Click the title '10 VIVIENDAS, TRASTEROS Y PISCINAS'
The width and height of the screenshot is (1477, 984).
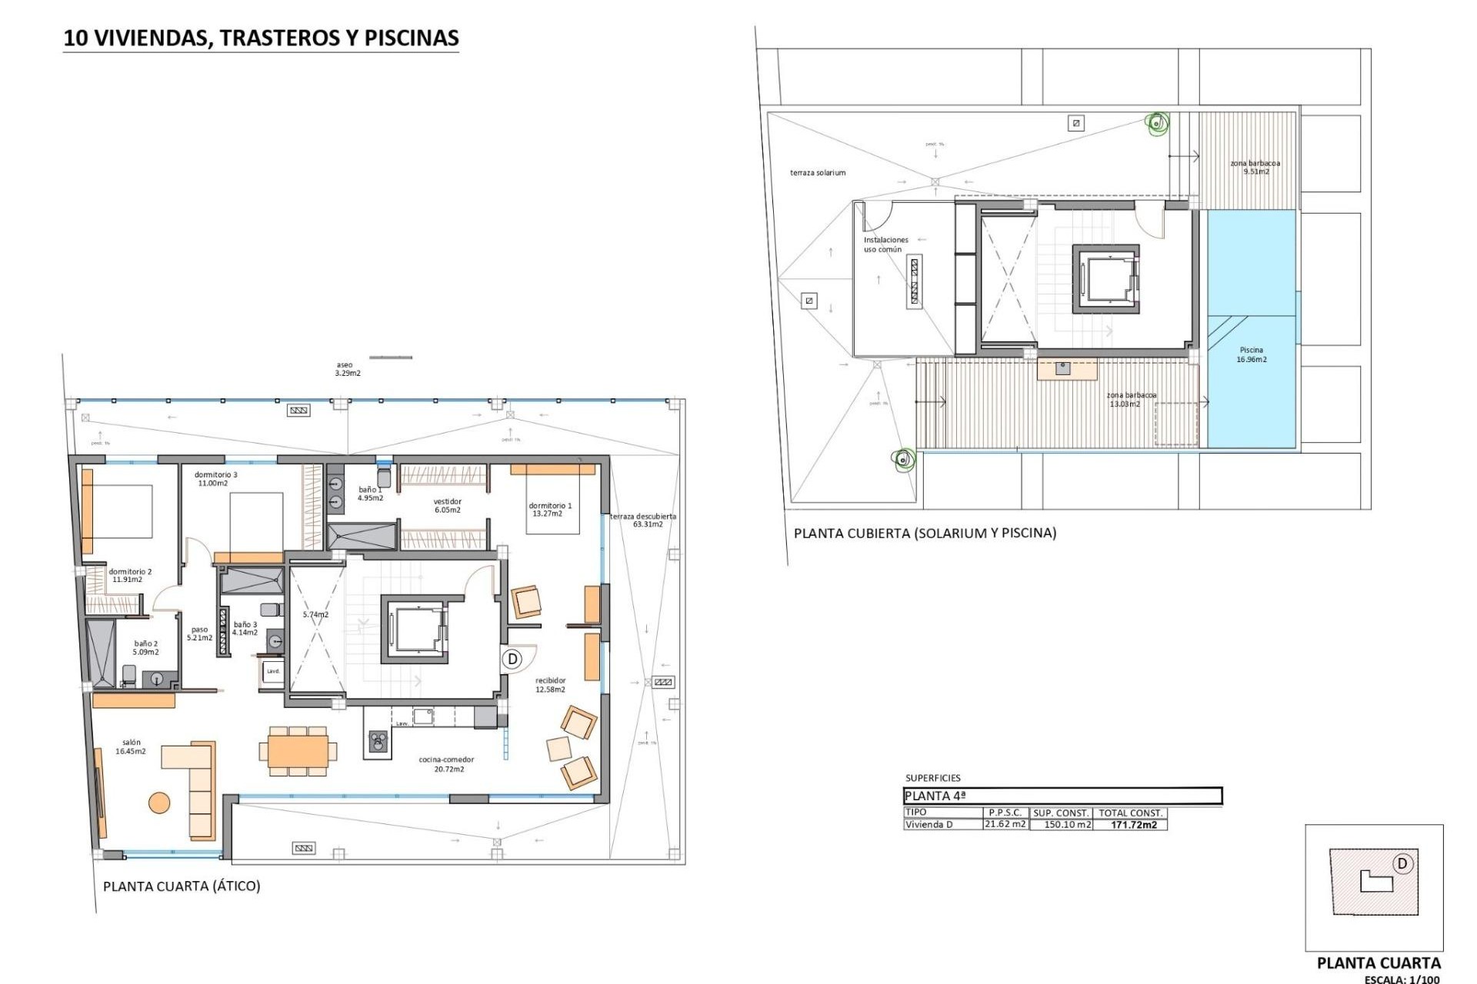(x=261, y=38)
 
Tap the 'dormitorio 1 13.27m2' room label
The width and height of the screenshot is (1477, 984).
(x=549, y=510)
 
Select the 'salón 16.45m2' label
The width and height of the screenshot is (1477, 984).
(x=131, y=747)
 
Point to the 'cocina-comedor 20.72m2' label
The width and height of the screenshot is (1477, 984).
(x=446, y=764)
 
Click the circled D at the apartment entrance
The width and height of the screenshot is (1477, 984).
(x=512, y=659)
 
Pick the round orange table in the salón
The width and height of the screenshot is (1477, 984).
(x=159, y=803)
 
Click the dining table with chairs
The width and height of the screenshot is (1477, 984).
(x=298, y=750)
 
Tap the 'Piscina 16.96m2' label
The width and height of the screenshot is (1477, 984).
(x=1251, y=354)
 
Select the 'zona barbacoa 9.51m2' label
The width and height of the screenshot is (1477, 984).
(x=1255, y=168)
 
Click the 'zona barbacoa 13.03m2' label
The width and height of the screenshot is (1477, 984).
(x=1130, y=400)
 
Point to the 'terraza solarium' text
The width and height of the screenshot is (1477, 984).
(x=817, y=173)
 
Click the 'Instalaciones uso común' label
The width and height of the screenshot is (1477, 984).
(x=885, y=244)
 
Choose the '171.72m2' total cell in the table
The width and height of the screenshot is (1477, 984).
(x=1133, y=825)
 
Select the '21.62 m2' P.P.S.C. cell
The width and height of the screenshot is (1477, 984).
(x=1005, y=824)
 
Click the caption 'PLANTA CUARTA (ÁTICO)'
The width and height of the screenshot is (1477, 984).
(x=182, y=886)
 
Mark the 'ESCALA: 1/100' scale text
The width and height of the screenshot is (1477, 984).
(x=1401, y=979)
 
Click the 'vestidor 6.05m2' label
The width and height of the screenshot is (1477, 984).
(x=447, y=506)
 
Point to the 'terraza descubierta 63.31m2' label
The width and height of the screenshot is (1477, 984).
(x=643, y=520)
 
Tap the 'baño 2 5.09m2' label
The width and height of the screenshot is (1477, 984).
(x=145, y=648)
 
